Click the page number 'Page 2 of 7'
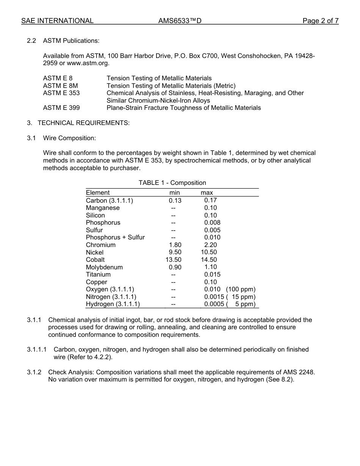pos(320,21)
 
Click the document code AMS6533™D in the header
pos(180,21)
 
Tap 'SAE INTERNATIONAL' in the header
pos(57,21)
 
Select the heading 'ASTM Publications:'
pos(71,41)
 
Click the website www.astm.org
pos(88,63)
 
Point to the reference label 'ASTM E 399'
pos(61,108)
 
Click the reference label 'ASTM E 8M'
pos(61,86)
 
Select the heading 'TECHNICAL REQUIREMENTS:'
pos(83,123)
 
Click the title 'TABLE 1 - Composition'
pos(172,183)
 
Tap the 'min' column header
pos(175,192)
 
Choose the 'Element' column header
pos(98,192)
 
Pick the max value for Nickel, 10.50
pos(209,252)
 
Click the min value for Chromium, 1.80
pos(175,245)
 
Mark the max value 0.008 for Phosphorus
pos(212,222)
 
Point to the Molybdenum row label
pos(104,267)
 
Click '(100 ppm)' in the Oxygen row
pos(241,289)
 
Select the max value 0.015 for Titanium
pos(212,274)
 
